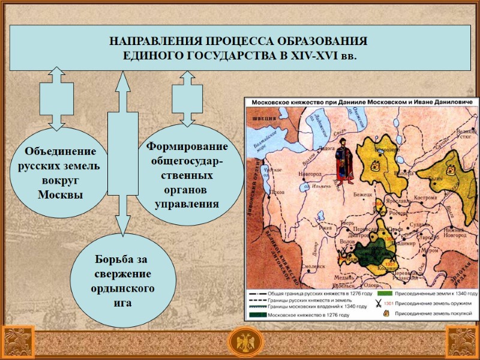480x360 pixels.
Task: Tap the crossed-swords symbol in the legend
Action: click(x=378, y=304)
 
